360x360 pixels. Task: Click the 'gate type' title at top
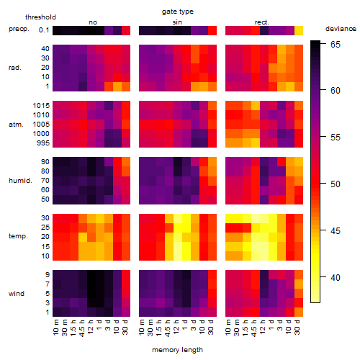tap(178, 12)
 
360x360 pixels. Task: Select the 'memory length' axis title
tap(177, 350)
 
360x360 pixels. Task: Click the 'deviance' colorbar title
tap(341, 29)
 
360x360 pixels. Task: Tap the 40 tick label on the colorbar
tap(336, 278)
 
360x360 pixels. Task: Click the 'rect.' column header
tap(261, 22)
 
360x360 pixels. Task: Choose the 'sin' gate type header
tap(177, 22)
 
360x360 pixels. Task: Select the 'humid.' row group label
tap(20, 181)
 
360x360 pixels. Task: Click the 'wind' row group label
tap(17, 294)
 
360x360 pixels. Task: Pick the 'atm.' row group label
tap(16, 125)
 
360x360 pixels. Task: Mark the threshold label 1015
tap(41, 106)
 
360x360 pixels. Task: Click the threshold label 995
tap(43, 143)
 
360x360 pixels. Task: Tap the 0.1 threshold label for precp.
tap(44, 30)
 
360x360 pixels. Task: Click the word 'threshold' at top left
tap(40, 17)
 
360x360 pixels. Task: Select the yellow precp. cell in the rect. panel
tap(299, 30)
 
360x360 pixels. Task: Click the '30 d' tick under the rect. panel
tap(297, 328)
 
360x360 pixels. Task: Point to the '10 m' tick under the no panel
tap(55, 328)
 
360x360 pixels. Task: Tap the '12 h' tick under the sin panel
tap(176, 328)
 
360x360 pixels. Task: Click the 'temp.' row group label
tap(18, 236)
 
